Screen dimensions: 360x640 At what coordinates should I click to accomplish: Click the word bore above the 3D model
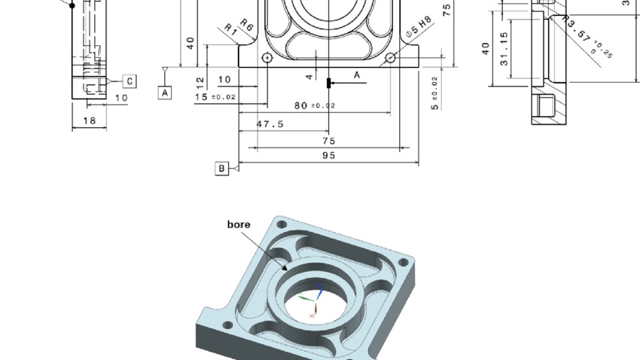coord(239,224)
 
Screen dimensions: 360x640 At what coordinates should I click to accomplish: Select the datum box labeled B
coord(221,169)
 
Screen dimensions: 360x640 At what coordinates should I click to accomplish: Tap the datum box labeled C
coord(129,81)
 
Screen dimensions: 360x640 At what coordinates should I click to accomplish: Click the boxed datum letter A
coord(165,92)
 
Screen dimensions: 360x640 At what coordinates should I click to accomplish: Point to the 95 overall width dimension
coord(328,156)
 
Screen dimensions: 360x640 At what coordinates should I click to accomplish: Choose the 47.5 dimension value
coord(270,124)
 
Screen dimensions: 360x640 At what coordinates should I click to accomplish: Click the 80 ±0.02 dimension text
coord(315,106)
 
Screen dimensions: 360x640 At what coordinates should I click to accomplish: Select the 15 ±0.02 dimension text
coord(215,97)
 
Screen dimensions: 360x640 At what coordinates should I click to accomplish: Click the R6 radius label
coord(247,24)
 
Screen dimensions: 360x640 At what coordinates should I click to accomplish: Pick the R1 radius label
coord(231,29)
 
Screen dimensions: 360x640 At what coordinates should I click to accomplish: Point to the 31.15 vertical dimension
coord(504,48)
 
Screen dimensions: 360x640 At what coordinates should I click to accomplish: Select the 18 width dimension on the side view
coord(89,121)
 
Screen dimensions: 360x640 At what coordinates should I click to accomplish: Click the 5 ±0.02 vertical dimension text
coord(434,93)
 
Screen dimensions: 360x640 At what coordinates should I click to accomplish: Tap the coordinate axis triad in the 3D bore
coord(314,298)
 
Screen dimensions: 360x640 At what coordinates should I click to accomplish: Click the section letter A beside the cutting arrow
coord(357,75)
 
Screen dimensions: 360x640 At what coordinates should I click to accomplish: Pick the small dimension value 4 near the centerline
coord(309,77)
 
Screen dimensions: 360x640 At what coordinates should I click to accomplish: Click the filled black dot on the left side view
coord(72,6)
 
